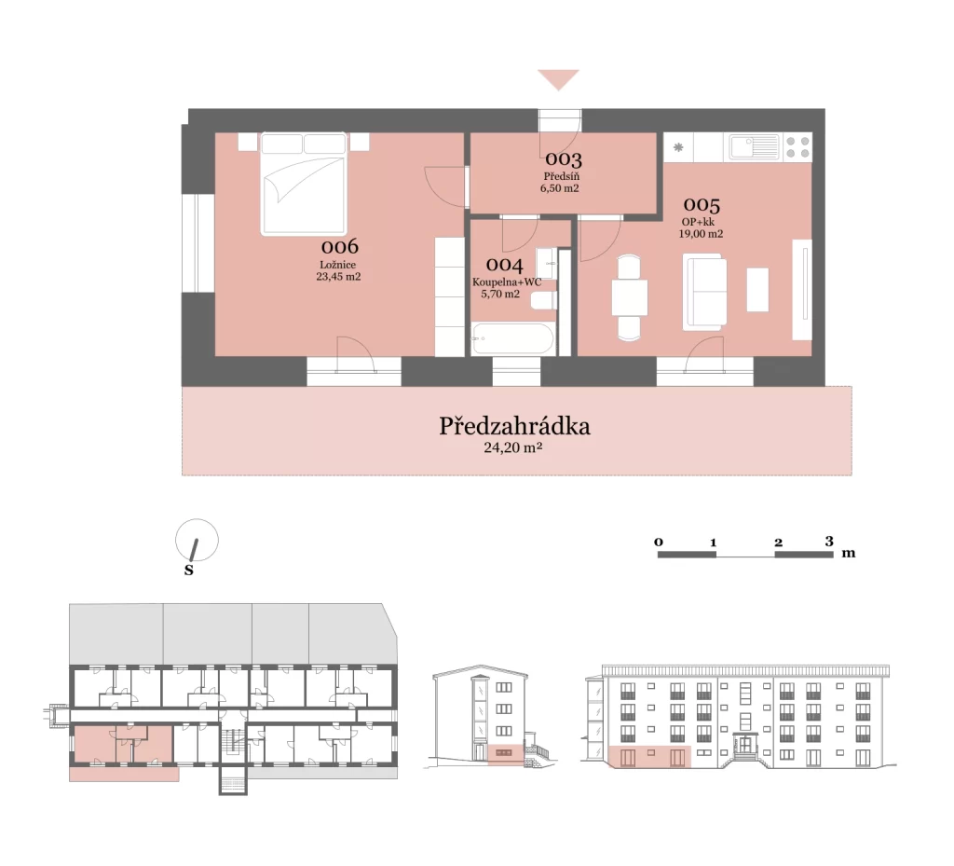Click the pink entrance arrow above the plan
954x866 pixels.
click(x=558, y=79)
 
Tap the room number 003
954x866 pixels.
click(x=564, y=159)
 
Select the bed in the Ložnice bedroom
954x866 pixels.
click(x=304, y=184)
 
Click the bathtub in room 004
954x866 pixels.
click(x=513, y=339)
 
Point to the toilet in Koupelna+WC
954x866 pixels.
click(x=543, y=300)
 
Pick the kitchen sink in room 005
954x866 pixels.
click(x=755, y=146)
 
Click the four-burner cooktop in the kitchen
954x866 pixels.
click(x=797, y=146)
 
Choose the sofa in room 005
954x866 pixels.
click(x=704, y=292)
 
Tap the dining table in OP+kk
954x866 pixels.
click(x=629, y=297)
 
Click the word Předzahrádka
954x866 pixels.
click(x=514, y=426)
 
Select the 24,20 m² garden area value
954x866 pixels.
click(x=513, y=447)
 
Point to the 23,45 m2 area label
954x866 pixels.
click(x=338, y=276)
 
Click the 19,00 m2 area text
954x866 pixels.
click(x=701, y=234)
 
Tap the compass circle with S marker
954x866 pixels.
click(x=197, y=540)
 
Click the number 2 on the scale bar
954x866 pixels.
click(x=778, y=543)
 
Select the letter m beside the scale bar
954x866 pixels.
click(x=848, y=553)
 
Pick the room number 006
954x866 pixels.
click(x=339, y=246)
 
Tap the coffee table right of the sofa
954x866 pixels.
click(x=757, y=290)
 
